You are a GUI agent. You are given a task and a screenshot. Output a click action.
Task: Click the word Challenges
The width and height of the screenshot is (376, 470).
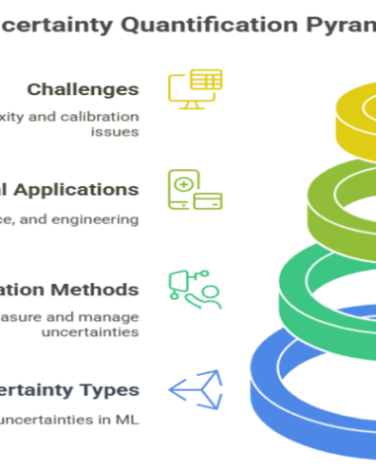(x=82, y=90)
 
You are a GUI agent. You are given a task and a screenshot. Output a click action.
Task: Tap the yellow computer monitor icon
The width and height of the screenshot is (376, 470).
(x=194, y=90)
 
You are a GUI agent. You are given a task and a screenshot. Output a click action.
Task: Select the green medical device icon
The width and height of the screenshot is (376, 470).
(x=195, y=190)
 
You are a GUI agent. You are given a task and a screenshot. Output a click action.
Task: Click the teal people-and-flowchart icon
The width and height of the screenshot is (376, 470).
(x=195, y=290)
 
